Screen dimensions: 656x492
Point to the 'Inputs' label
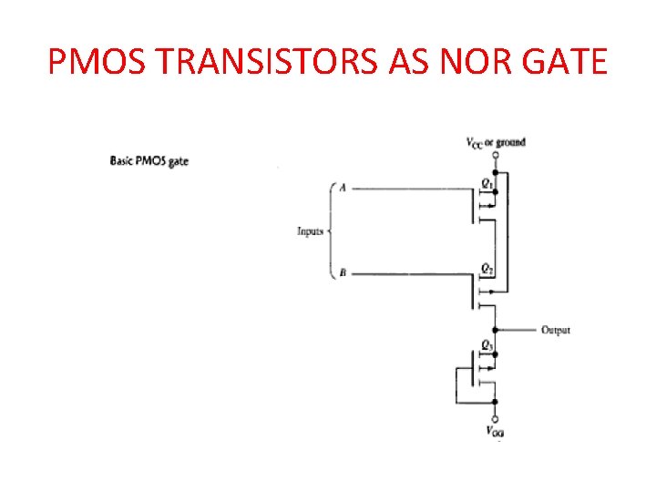310,231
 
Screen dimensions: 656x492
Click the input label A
343,189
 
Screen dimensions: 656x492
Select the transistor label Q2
488,268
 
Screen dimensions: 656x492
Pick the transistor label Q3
488,345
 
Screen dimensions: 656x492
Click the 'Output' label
556,330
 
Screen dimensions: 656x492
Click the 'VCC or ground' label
496,142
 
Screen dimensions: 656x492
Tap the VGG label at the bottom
495,431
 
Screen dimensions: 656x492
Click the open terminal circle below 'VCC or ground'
495,156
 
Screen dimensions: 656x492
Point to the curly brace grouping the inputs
330,231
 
